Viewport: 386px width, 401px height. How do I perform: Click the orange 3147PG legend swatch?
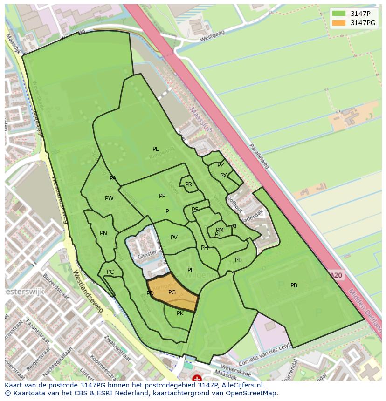339,23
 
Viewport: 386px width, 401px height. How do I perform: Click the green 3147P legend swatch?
339,13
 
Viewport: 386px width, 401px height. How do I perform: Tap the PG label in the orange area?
172,292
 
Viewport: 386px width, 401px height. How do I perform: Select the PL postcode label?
155,149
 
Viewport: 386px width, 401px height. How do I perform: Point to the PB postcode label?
294,285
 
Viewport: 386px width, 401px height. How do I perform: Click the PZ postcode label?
221,165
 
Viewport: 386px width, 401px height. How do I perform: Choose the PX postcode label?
223,176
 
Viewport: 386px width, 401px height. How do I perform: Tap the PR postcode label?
188,184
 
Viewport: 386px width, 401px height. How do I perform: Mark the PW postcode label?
109,198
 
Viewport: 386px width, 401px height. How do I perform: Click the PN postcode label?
103,233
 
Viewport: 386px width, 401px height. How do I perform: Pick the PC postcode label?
110,272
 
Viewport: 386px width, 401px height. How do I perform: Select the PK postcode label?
180,313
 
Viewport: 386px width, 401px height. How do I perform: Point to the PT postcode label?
238,260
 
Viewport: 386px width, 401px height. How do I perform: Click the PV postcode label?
174,238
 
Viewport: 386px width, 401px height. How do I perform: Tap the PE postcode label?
191,270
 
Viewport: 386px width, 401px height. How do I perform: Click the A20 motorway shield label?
337,275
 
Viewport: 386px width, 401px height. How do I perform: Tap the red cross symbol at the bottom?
197,379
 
